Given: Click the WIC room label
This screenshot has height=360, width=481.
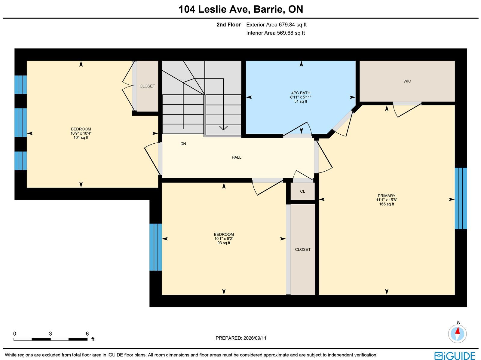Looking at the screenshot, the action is click(x=407, y=81).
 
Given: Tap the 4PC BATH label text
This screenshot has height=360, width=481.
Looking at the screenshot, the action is click(x=301, y=93).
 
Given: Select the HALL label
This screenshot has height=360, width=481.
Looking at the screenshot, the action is click(x=237, y=157).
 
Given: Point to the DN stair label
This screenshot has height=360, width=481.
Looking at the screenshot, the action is click(x=183, y=144).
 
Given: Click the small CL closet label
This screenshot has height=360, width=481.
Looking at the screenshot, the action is click(x=302, y=191).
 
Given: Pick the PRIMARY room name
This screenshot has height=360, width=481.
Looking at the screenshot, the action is click(x=387, y=196).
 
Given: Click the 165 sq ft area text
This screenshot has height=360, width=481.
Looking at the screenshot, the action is click(x=387, y=204).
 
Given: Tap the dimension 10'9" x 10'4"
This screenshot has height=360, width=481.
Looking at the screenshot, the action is click(x=81, y=133).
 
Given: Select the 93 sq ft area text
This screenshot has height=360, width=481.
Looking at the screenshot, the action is click(x=224, y=243).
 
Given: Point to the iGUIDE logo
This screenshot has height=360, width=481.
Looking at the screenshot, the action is click(x=455, y=355).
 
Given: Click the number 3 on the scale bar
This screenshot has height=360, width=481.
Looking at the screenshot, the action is click(x=51, y=334).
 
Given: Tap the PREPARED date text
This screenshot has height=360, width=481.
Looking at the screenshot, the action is click(x=241, y=338).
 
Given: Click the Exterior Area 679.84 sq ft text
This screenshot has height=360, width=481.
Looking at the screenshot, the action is click(x=276, y=25).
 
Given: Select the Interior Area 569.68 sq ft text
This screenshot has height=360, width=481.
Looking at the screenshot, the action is click(x=275, y=33).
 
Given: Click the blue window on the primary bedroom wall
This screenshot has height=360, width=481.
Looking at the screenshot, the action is click(x=461, y=198).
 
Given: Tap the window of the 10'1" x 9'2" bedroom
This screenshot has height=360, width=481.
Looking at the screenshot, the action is click(x=156, y=247).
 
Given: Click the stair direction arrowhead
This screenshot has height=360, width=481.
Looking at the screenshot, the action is click(x=223, y=128).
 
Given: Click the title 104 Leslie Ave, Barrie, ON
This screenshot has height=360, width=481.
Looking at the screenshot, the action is click(x=241, y=9).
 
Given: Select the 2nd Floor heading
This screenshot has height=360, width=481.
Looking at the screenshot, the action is click(x=228, y=25).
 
